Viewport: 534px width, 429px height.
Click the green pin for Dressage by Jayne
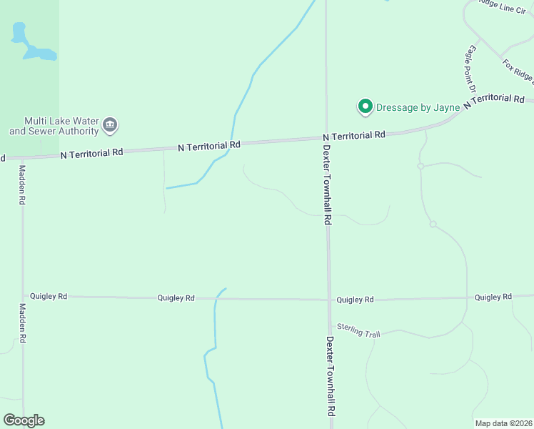pyautogui.click(x=366, y=107)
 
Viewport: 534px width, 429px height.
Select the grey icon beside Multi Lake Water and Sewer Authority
pyautogui.click(x=110, y=125)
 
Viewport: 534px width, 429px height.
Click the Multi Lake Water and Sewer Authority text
pyautogui.click(x=54, y=126)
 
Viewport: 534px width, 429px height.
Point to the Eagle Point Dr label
pyautogui.click(x=470, y=69)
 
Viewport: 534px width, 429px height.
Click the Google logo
pyautogui.click(x=24, y=420)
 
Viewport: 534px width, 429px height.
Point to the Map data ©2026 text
pyautogui.click(x=503, y=423)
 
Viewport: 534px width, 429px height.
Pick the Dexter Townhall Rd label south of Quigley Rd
pyautogui.click(x=331, y=377)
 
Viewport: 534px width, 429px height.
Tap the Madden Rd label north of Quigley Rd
pyautogui.click(x=22, y=185)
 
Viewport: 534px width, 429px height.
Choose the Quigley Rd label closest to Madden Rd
pyautogui.click(x=49, y=295)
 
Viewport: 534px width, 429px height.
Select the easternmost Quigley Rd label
pyautogui.click(x=493, y=297)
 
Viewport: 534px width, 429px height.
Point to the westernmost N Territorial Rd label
pyautogui.click(x=91, y=152)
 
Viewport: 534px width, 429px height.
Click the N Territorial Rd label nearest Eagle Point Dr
pyautogui.click(x=493, y=101)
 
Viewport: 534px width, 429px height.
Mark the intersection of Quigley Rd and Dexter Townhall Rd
pyautogui.click(x=328, y=299)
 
